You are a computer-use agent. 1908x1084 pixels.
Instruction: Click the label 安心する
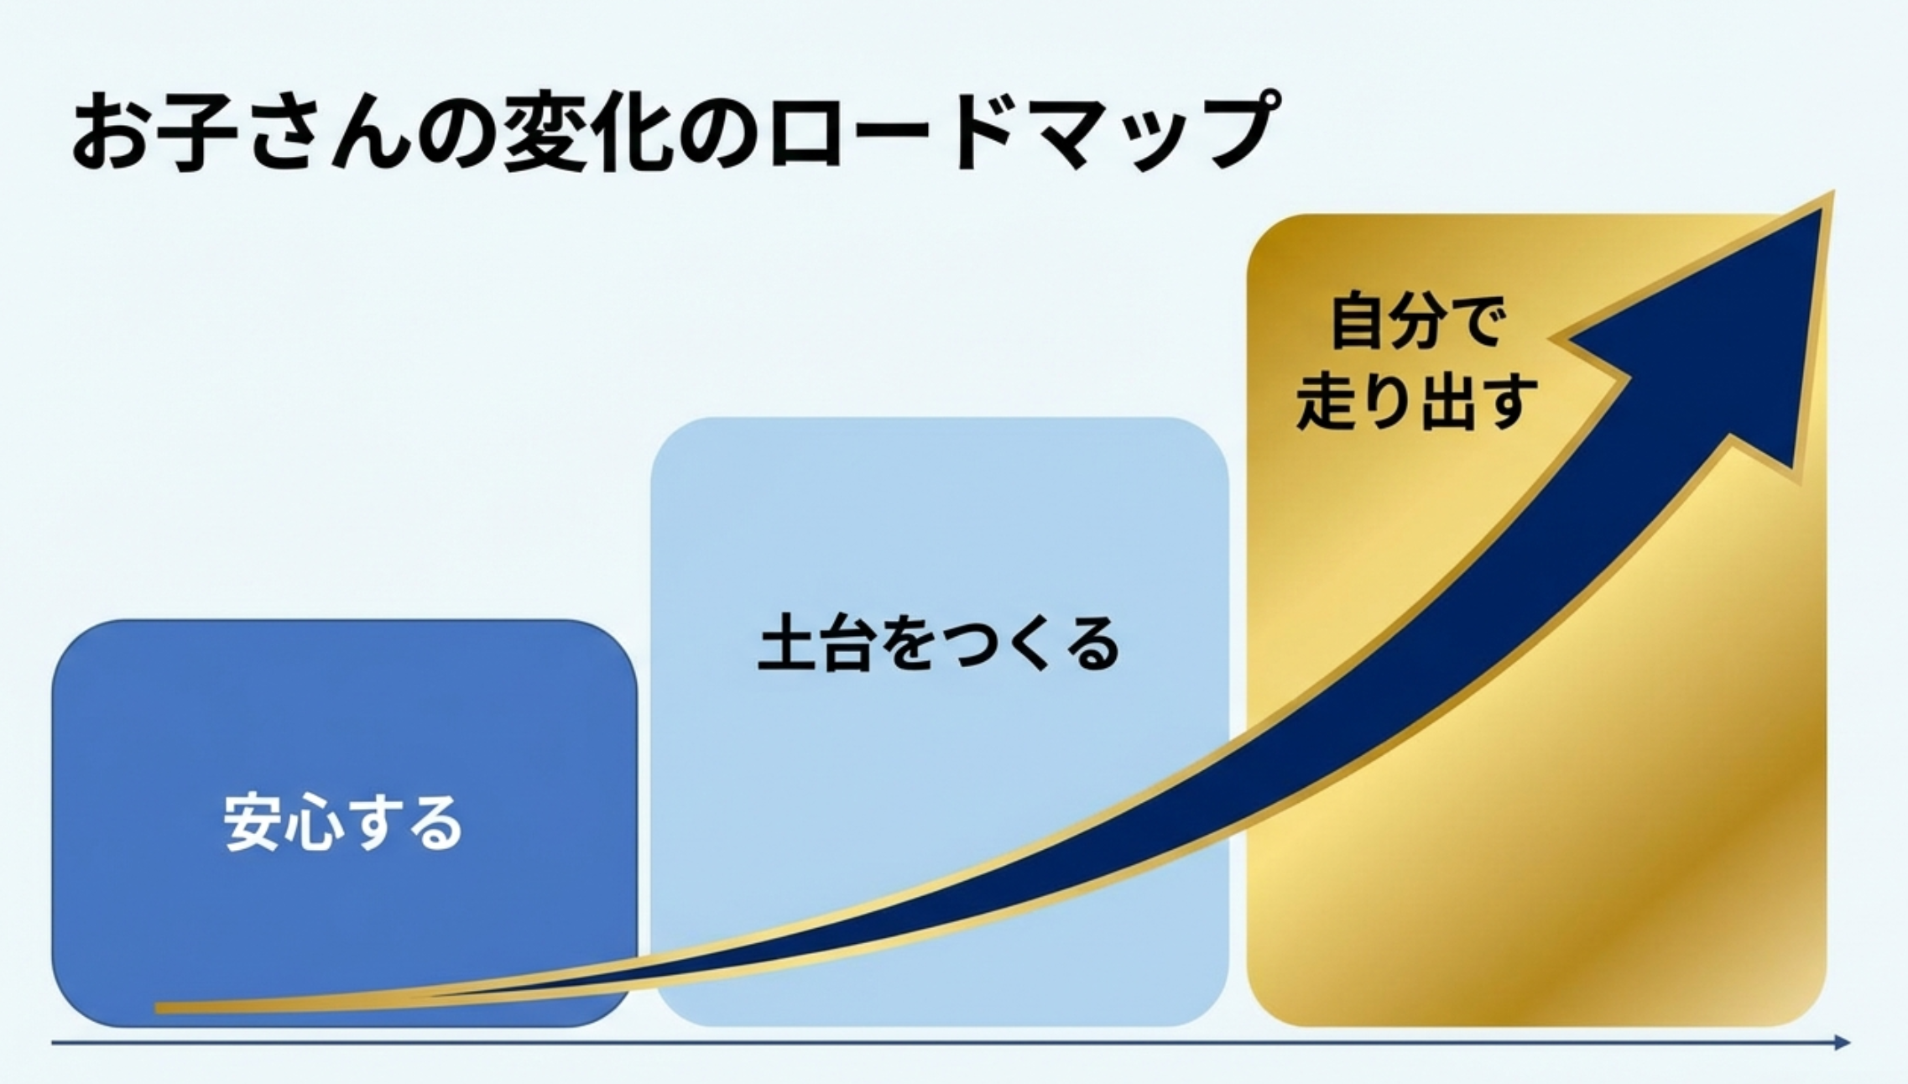tap(343, 823)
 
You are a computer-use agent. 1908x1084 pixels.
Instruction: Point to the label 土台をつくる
tap(938, 644)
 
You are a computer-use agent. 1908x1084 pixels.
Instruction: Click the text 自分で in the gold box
tap(1415, 321)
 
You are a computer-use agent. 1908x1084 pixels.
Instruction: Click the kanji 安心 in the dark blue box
tap(284, 823)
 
